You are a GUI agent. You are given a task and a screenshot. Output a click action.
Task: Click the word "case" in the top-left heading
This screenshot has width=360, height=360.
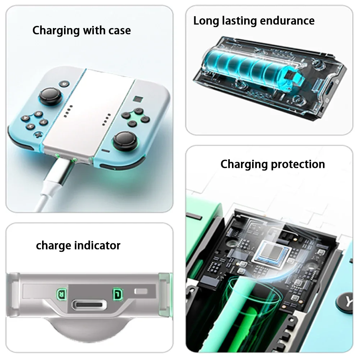pyautogui.click(x=119, y=31)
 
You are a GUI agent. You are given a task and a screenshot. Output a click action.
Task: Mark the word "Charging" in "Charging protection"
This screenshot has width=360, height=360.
pyautogui.click(x=244, y=164)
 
